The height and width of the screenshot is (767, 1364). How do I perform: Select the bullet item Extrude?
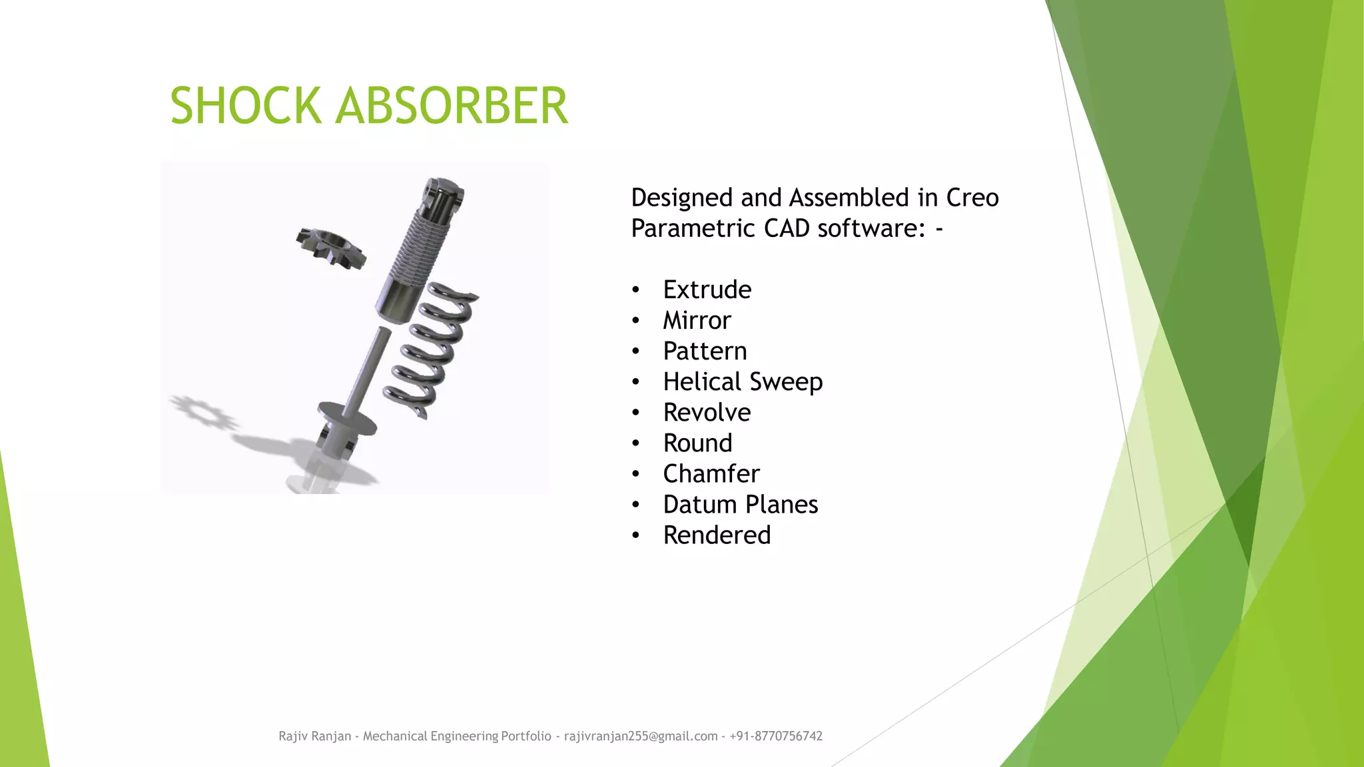[707, 290]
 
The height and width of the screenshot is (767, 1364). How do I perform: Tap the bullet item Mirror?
[697, 320]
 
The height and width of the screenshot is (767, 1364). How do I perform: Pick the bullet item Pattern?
[705, 351]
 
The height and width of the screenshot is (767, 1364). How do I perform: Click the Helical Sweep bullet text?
[743, 382]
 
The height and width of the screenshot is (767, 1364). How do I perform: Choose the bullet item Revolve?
[707, 412]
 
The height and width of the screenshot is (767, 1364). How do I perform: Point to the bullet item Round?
[697, 443]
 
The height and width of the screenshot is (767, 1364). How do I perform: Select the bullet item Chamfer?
[711, 473]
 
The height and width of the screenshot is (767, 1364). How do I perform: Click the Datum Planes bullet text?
[740, 504]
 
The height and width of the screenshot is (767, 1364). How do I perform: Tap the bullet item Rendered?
[717, 535]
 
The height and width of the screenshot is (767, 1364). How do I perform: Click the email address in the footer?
[640, 736]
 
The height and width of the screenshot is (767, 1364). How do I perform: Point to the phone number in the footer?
[776, 736]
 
